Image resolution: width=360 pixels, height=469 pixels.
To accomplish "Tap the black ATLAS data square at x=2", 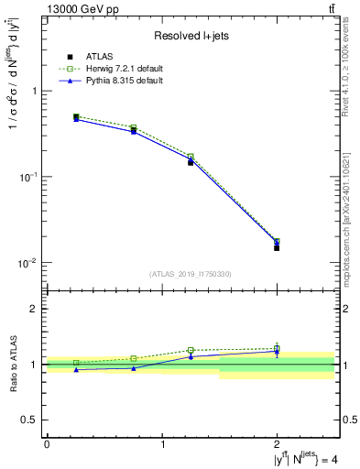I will click(x=277, y=247).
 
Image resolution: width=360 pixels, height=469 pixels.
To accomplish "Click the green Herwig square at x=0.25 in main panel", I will click(x=76, y=117).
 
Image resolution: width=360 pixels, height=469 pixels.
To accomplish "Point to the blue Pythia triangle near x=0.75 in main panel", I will click(x=134, y=131).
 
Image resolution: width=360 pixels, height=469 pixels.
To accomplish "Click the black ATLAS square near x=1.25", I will click(x=191, y=162).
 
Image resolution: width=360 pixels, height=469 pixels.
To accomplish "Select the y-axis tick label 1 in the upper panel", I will click(x=34, y=92).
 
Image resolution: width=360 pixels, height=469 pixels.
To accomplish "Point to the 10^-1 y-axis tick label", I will click(x=28, y=177).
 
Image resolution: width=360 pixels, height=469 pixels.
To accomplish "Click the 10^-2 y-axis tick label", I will click(x=28, y=263).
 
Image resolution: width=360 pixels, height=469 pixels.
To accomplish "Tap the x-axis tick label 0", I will click(x=47, y=444).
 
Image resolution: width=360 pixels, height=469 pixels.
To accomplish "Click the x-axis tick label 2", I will click(x=277, y=444).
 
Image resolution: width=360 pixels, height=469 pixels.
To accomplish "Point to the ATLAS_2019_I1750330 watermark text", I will click(x=191, y=274).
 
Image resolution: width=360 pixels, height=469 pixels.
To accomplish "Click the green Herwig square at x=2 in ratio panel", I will click(x=277, y=348).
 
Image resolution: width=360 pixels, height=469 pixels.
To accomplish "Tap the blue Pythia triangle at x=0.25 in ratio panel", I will click(x=76, y=369).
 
